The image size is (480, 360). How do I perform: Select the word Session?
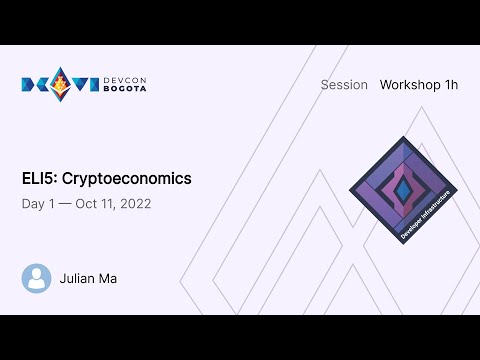(344, 85)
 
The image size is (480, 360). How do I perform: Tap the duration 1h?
(450, 85)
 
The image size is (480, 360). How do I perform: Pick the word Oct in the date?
(88, 204)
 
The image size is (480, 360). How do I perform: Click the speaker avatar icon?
(37, 278)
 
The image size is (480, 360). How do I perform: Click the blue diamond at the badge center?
(403, 188)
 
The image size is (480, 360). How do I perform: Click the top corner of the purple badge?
(403, 137)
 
